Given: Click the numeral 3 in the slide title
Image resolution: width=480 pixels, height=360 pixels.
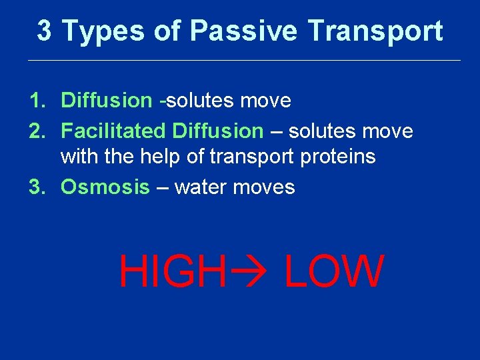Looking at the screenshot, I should coord(44,31).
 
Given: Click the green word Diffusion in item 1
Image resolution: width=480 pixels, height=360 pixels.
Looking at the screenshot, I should coord(107,101).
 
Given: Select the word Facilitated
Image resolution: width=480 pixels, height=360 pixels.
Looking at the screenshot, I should coord(113,131).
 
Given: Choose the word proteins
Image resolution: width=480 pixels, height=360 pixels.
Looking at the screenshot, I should coord(339,157).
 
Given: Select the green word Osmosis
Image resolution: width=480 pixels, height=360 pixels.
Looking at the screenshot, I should coord(105,187).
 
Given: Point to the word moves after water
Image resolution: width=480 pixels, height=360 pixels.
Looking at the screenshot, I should coord(264,187).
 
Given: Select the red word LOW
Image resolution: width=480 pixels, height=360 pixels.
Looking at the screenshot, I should coord(335,272).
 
